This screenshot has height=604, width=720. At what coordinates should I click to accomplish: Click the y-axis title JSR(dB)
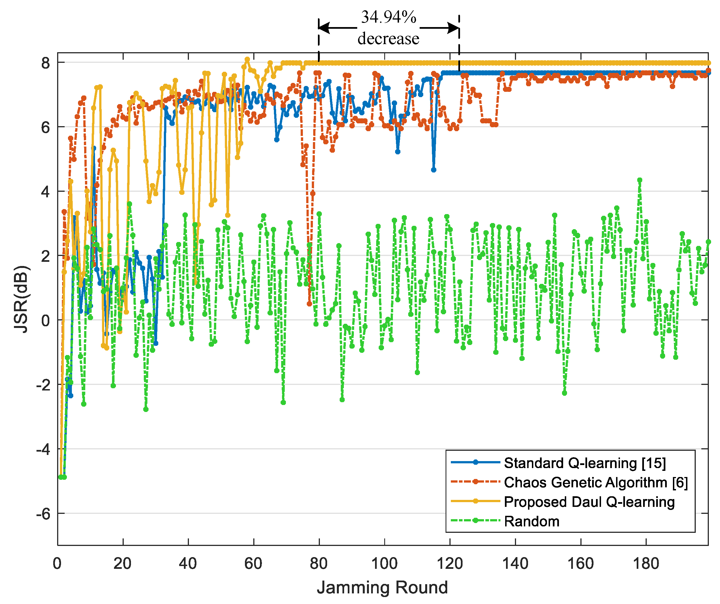point(21,299)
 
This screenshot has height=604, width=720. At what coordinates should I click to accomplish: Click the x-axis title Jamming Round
point(382,588)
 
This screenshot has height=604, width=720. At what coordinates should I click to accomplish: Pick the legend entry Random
point(531,522)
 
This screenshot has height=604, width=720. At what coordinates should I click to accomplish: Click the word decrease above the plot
point(388,39)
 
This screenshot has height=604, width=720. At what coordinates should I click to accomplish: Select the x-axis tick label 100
point(384,564)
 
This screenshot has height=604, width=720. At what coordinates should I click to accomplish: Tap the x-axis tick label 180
point(646,564)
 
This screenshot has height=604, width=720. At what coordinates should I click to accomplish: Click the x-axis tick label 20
point(122,564)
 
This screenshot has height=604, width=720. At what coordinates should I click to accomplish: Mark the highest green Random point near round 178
point(639,180)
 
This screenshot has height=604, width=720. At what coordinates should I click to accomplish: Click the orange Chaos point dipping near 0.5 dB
point(309,304)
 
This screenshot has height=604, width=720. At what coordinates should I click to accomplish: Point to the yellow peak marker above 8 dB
point(247,59)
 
